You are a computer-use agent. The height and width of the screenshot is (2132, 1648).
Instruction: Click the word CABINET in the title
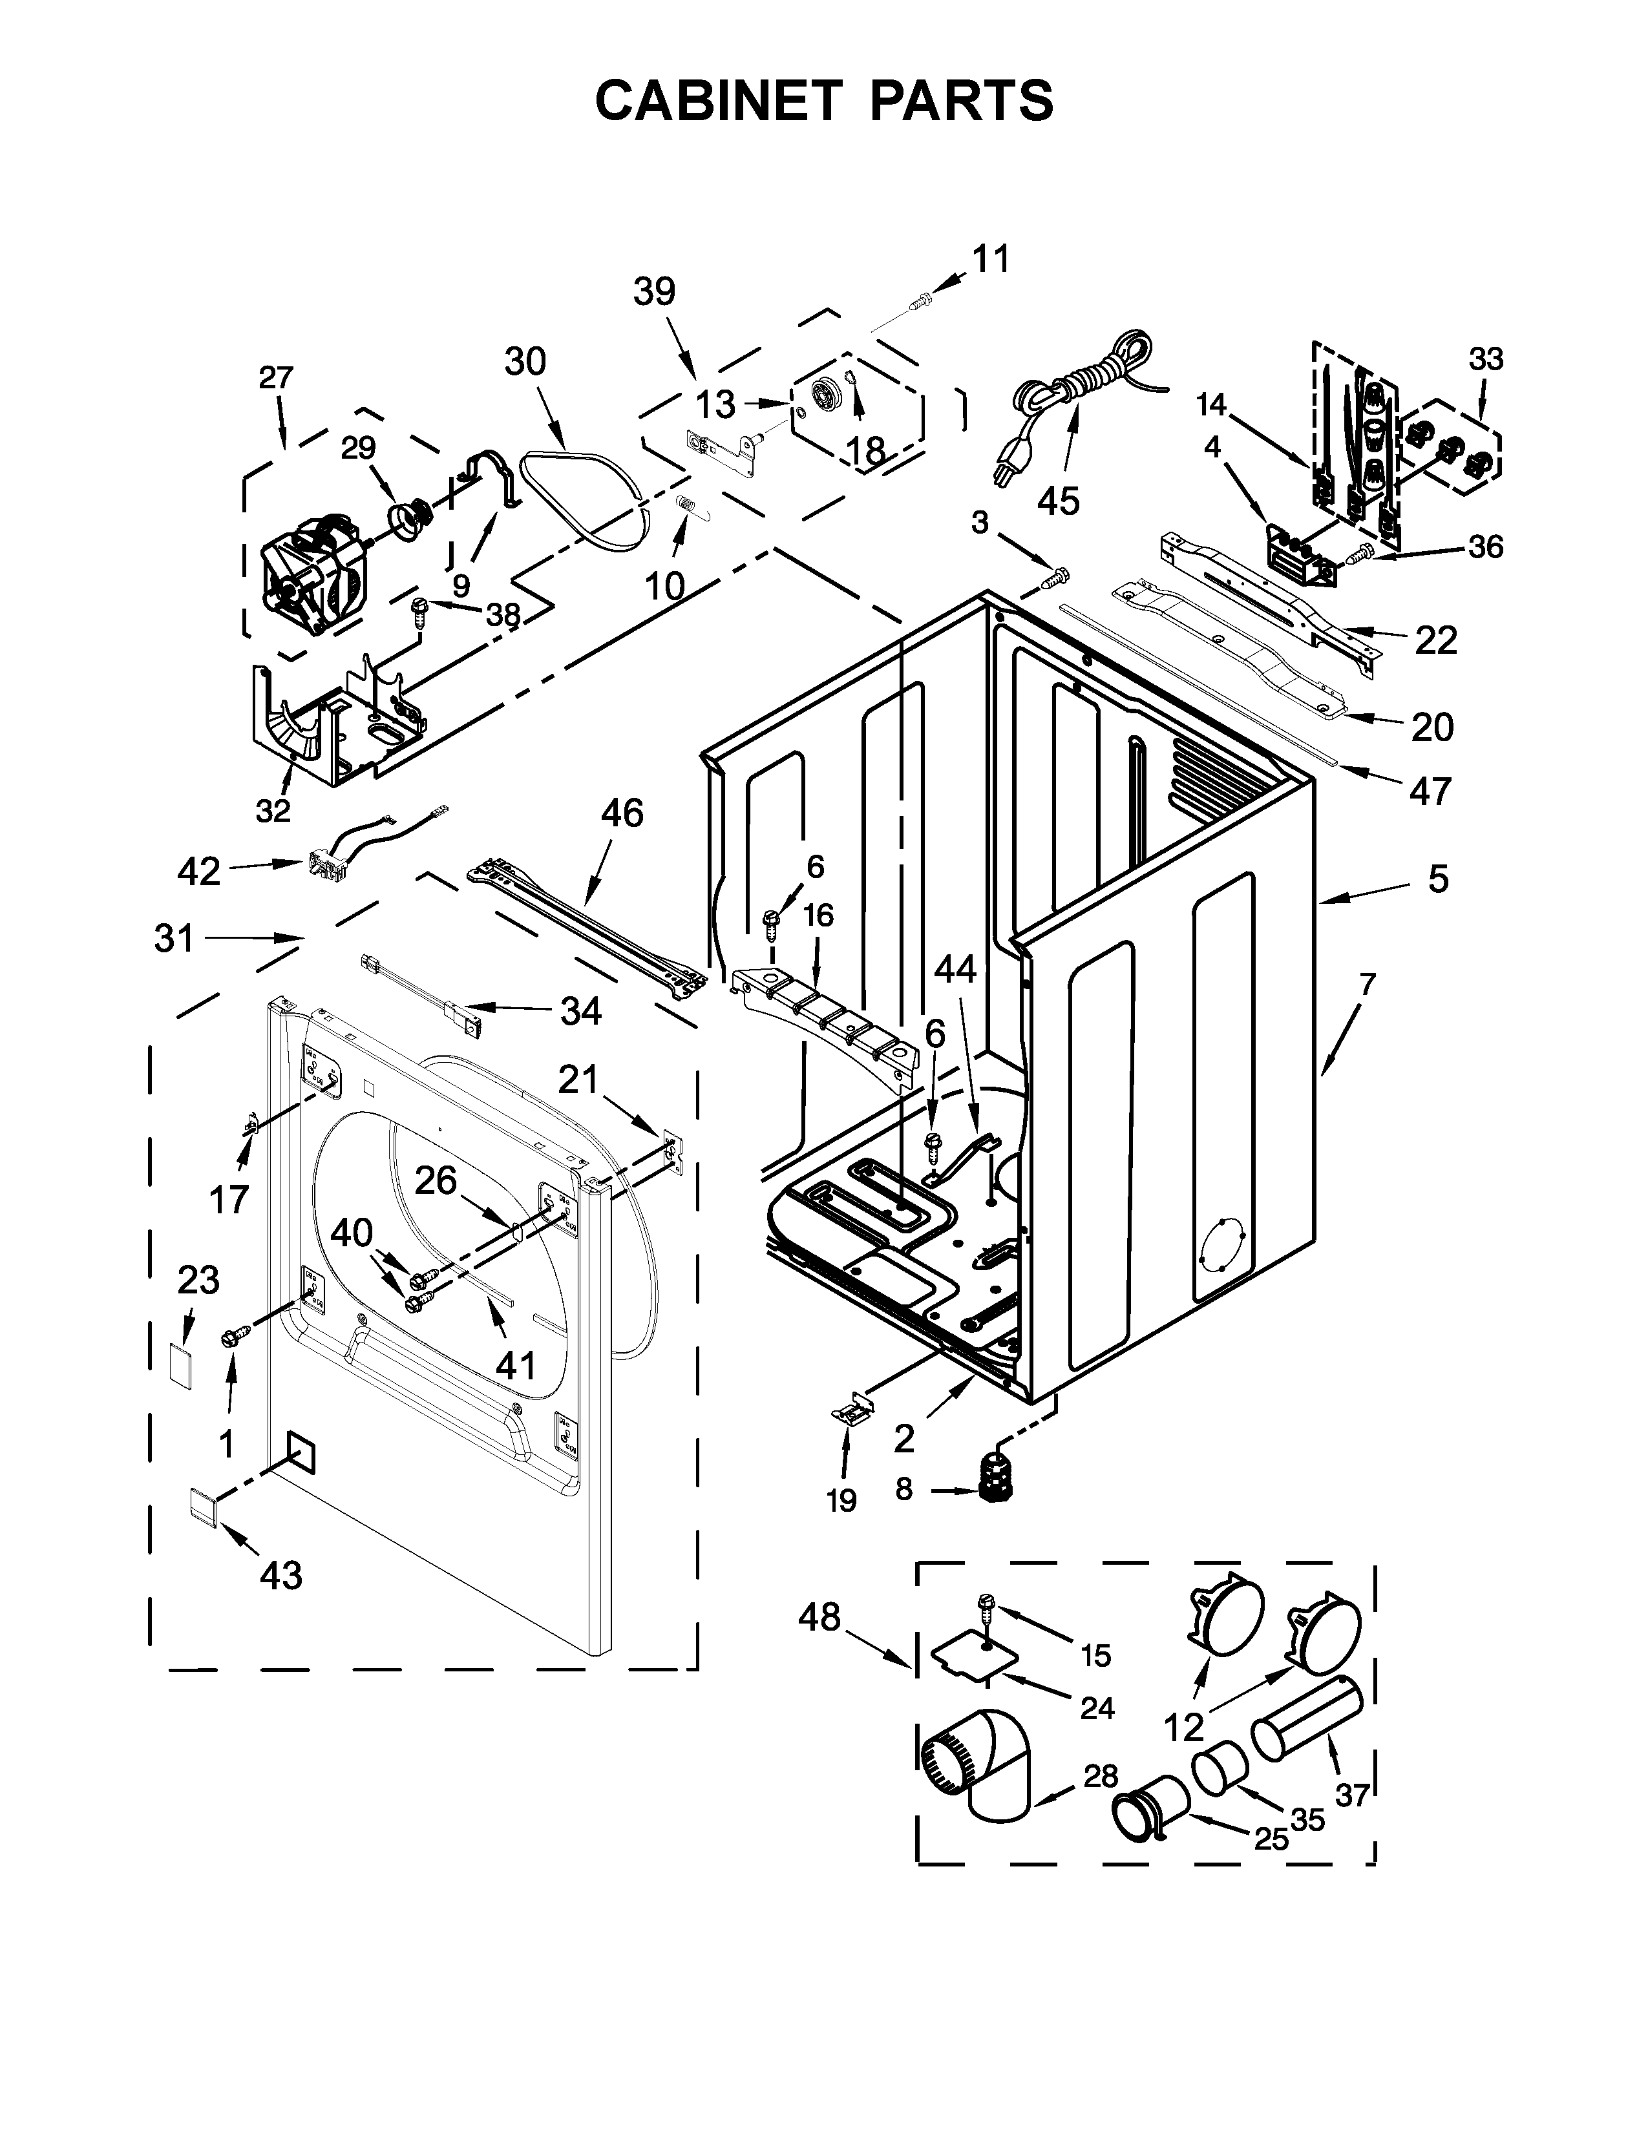click(x=717, y=101)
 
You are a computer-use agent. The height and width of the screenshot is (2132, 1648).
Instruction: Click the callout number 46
click(x=622, y=813)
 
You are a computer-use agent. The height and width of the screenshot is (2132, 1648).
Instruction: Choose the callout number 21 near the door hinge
click(x=578, y=1080)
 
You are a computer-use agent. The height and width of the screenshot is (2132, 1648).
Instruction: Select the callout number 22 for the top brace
click(x=1435, y=640)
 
